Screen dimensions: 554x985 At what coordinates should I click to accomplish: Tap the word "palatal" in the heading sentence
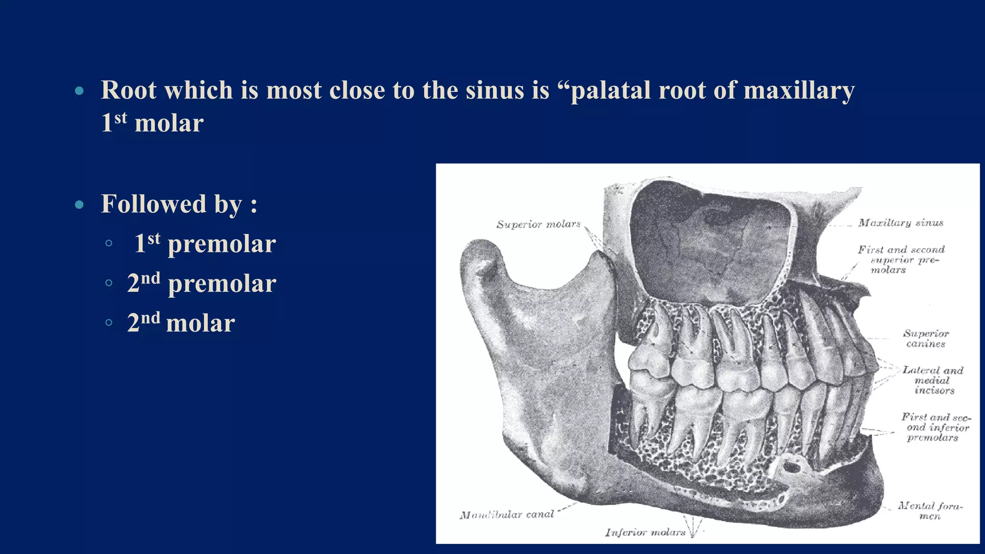610,90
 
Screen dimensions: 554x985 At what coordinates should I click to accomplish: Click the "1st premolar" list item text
205,243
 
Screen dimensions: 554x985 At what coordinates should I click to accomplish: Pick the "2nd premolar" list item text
202,283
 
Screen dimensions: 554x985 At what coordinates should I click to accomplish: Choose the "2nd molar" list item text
181,322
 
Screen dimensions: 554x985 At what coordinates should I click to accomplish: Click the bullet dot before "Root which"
79,91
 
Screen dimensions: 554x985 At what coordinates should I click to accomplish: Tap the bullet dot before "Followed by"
79,205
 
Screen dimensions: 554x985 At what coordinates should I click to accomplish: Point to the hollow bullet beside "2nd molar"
109,323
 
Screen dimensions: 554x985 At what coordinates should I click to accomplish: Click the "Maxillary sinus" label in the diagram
900,223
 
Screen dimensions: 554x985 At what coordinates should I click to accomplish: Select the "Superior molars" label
538,224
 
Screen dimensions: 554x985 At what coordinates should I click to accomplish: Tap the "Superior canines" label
926,339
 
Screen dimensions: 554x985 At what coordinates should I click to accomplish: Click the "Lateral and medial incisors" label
933,380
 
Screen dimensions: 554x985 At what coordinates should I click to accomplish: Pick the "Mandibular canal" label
506,515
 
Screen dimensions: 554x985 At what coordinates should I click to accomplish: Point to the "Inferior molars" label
645,532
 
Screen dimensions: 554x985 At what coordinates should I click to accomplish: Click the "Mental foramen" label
930,511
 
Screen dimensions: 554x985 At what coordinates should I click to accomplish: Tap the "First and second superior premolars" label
900,260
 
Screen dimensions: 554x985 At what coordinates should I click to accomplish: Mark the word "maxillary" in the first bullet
799,90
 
